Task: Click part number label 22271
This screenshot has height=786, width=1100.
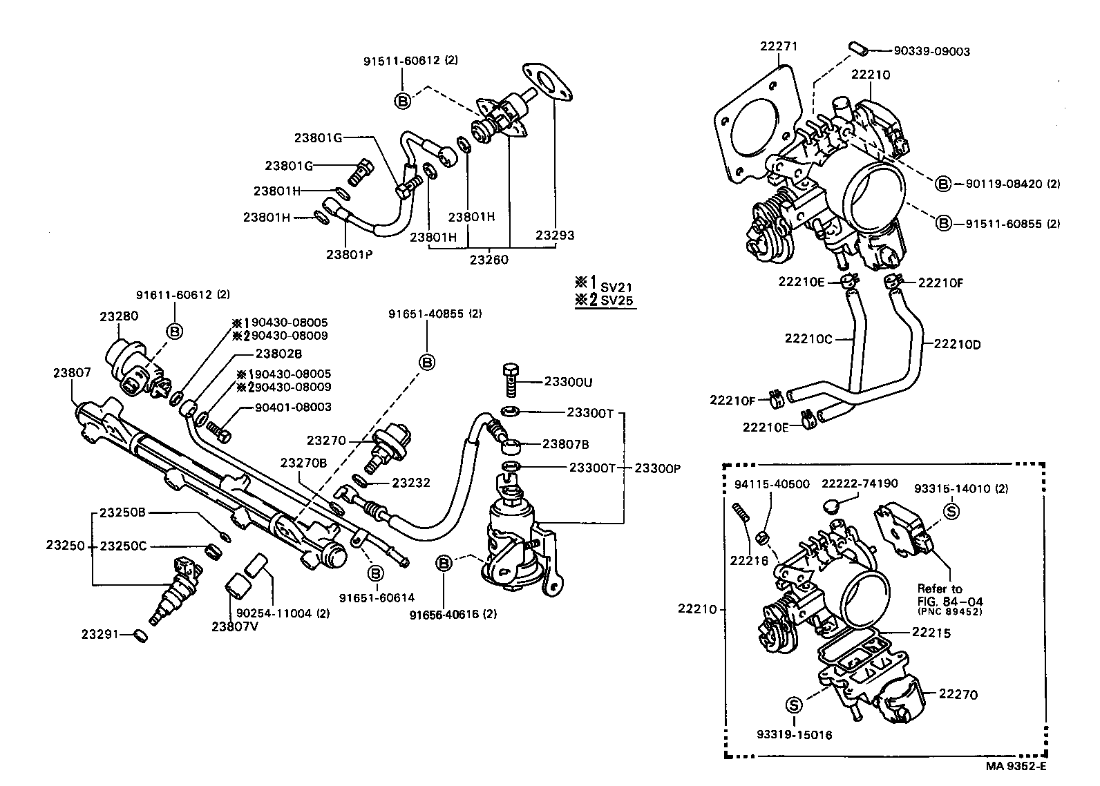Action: click(x=779, y=46)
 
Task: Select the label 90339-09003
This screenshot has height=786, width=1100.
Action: click(x=931, y=51)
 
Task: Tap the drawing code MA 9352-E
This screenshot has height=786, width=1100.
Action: click(x=1016, y=765)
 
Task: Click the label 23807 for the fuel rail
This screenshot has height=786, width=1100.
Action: click(x=72, y=372)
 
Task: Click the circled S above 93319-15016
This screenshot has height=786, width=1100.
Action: click(x=793, y=705)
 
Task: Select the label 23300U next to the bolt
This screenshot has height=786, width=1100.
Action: click(x=568, y=382)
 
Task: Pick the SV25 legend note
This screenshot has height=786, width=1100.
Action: click(x=616, y=300)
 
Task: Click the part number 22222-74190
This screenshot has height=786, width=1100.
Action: click(x=860, y=483)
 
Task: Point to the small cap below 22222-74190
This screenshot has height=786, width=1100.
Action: click(x=833, y=508)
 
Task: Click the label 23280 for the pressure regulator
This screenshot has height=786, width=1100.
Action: click(x=118, y=316)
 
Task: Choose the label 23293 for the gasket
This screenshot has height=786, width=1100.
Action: click(x=555, y=235)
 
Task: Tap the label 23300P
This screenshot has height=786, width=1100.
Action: click(x=657, y=468)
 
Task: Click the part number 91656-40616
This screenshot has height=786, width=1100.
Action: click(x=453, y=613)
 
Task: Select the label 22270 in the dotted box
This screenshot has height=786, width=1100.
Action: click(x=958, y=694)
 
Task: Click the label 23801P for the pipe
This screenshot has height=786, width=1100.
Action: click(x=349, y=253)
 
